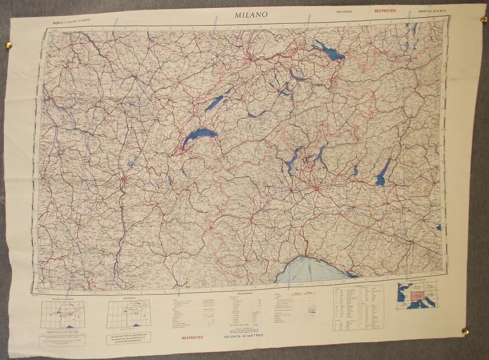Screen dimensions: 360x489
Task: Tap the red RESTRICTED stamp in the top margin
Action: pos(384,11)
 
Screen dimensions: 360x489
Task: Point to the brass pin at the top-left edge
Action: pos(9,44)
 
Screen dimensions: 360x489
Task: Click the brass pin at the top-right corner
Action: pos(483,20)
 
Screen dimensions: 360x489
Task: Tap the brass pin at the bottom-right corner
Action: pos(465,331)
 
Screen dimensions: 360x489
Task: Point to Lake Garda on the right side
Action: pos(383,173)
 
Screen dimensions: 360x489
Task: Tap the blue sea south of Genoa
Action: pos(309,269)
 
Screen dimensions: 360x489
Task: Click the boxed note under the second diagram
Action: pos(128,337)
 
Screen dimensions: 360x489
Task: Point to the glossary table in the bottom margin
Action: pos(358,309)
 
